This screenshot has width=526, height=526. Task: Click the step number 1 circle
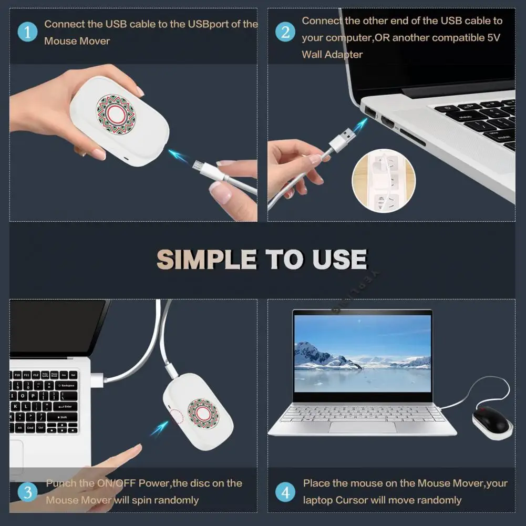click(x=27, y=32)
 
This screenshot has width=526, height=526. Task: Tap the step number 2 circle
click(x=285, y=32)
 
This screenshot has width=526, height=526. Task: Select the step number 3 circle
click(x=27, y=492)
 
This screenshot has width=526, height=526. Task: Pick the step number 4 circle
click(x=285, y=492)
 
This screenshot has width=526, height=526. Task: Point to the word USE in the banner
click(x=339, y=260)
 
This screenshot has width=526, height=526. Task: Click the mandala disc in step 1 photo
click(x=116, y=114)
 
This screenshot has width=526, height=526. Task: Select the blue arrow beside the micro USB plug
click(x=178, y=156)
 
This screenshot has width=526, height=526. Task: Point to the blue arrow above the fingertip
click(x=159, y=429)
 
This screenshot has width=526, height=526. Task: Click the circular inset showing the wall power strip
click(x=383, y=180)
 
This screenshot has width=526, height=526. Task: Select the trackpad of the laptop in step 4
click(x=363, y=427)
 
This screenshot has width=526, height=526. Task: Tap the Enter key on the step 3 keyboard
click(x=65, y=406)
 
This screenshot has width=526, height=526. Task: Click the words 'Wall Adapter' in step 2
click(x=332, y=54)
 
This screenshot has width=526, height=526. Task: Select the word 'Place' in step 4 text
click(x=316, y=483)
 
